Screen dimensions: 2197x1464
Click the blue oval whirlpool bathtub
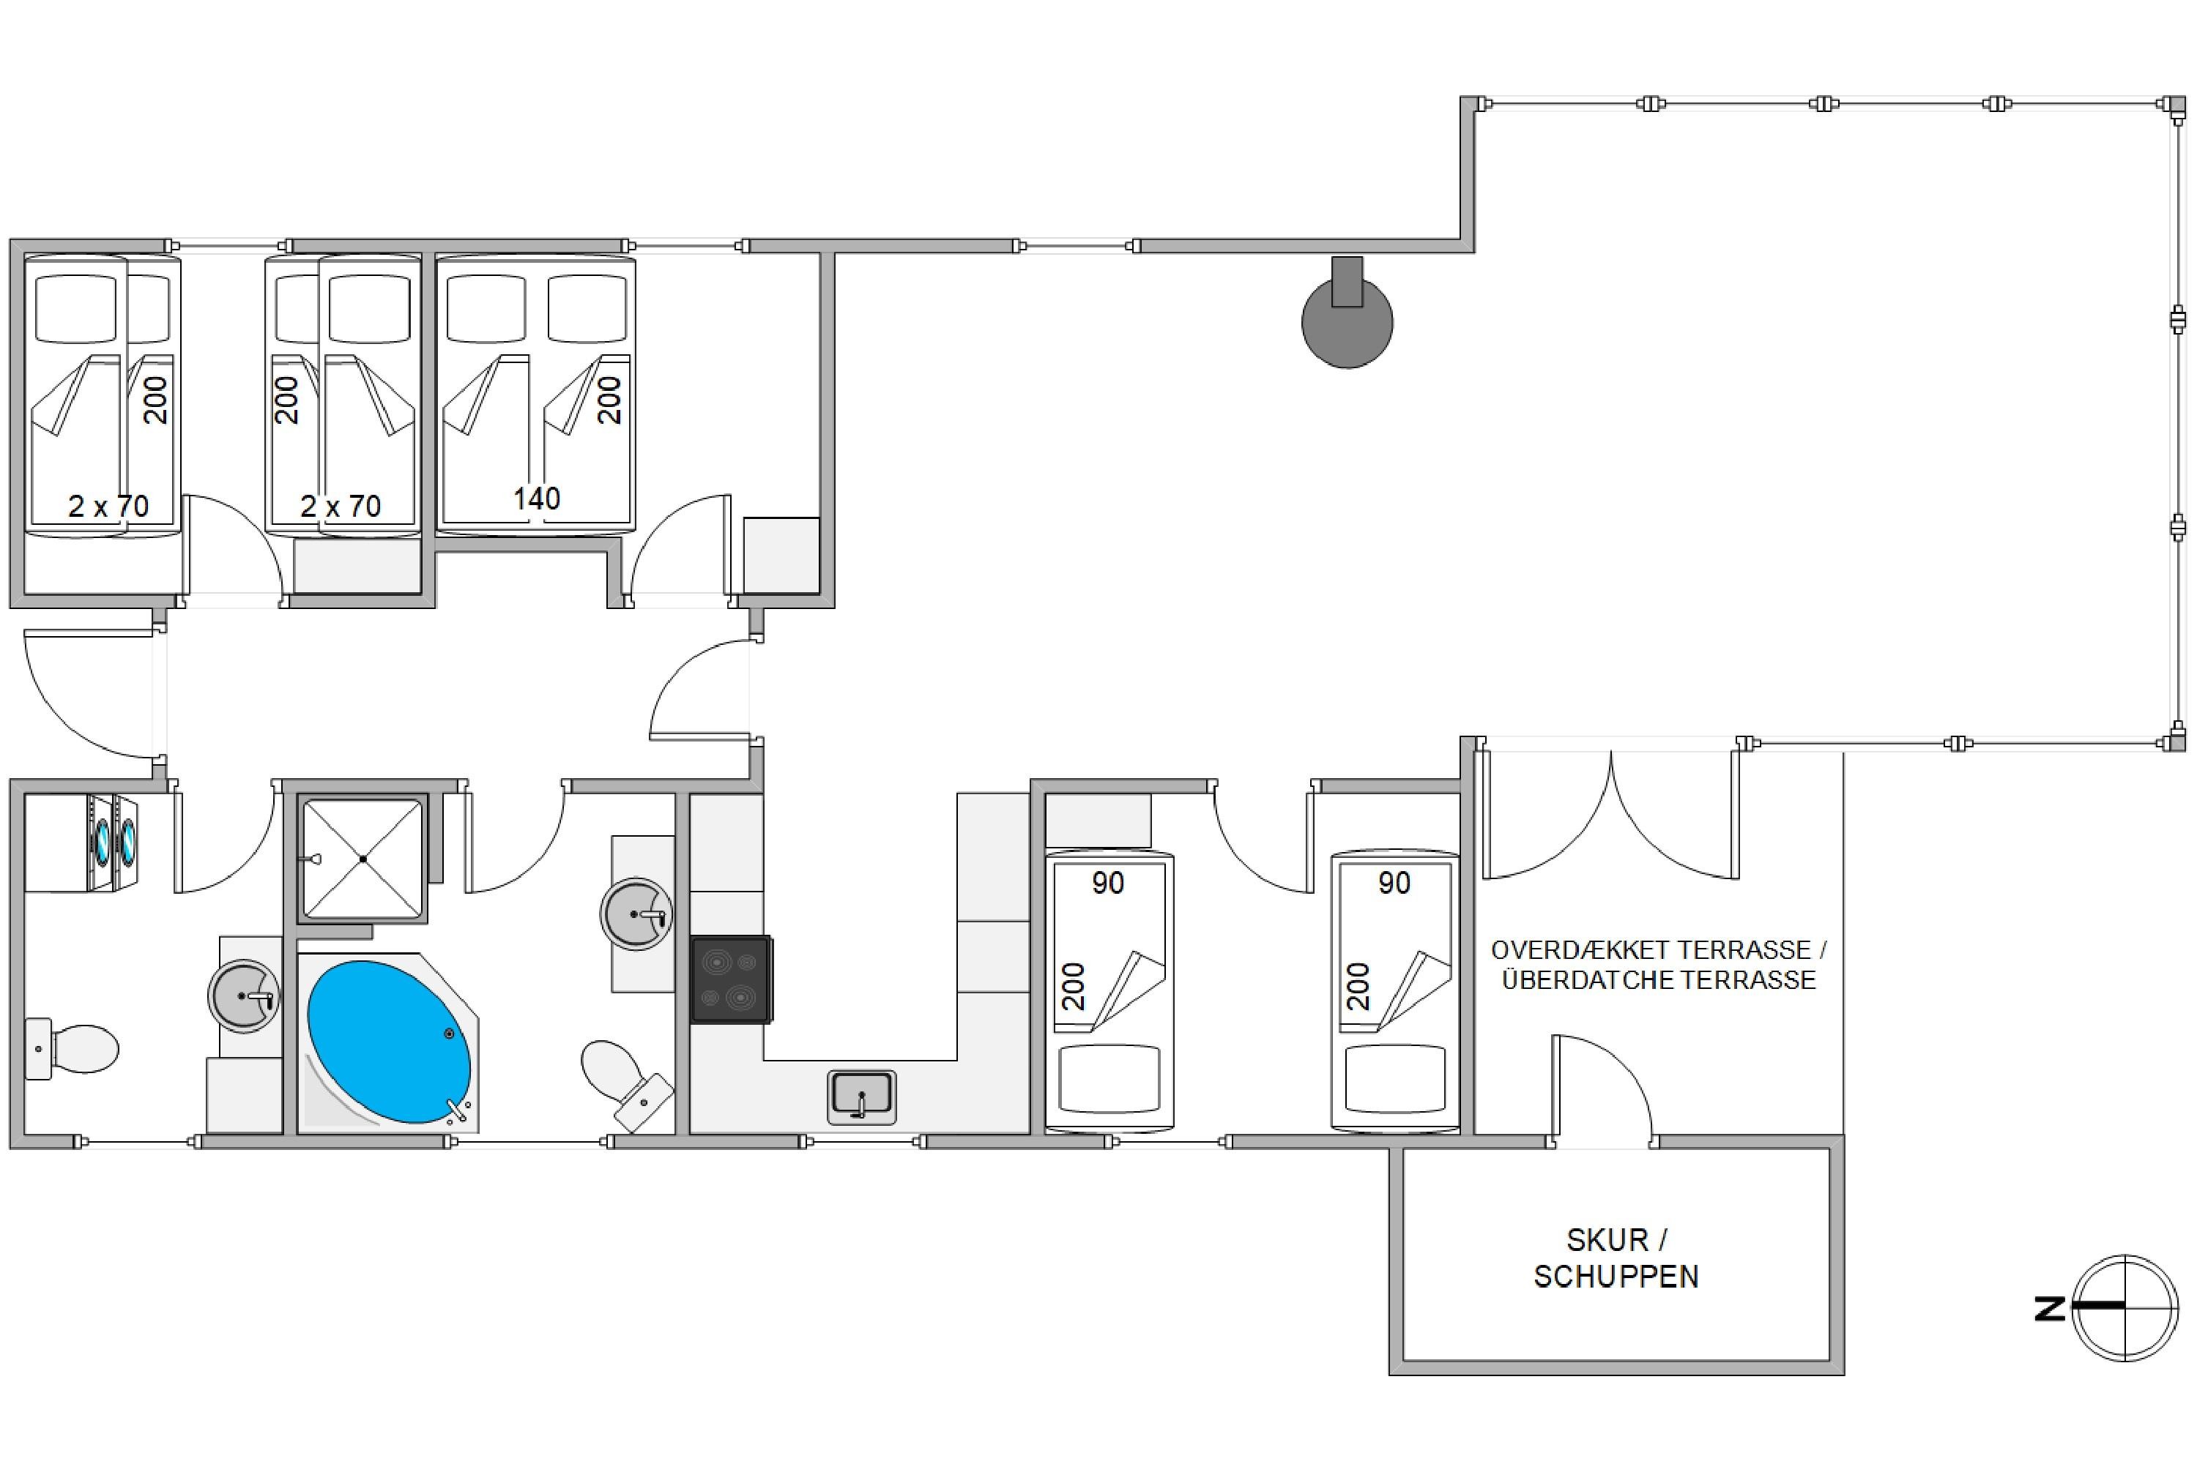click(x=390, y=1041)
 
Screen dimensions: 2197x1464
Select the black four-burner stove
click(x=730, y=979)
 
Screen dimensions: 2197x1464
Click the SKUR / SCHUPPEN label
click(x=1616, y=1258)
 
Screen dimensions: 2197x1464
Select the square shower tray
click(x=363, y=858)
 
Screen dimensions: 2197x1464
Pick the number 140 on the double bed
click(x=536, y=498)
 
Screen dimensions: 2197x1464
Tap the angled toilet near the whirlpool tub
click(x=627, y=1084)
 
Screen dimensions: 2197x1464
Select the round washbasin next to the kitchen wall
click(x=637, y=914)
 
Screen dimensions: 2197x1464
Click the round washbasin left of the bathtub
click(x=245, y=996)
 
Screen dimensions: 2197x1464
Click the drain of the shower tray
click(x=363, y=858)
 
